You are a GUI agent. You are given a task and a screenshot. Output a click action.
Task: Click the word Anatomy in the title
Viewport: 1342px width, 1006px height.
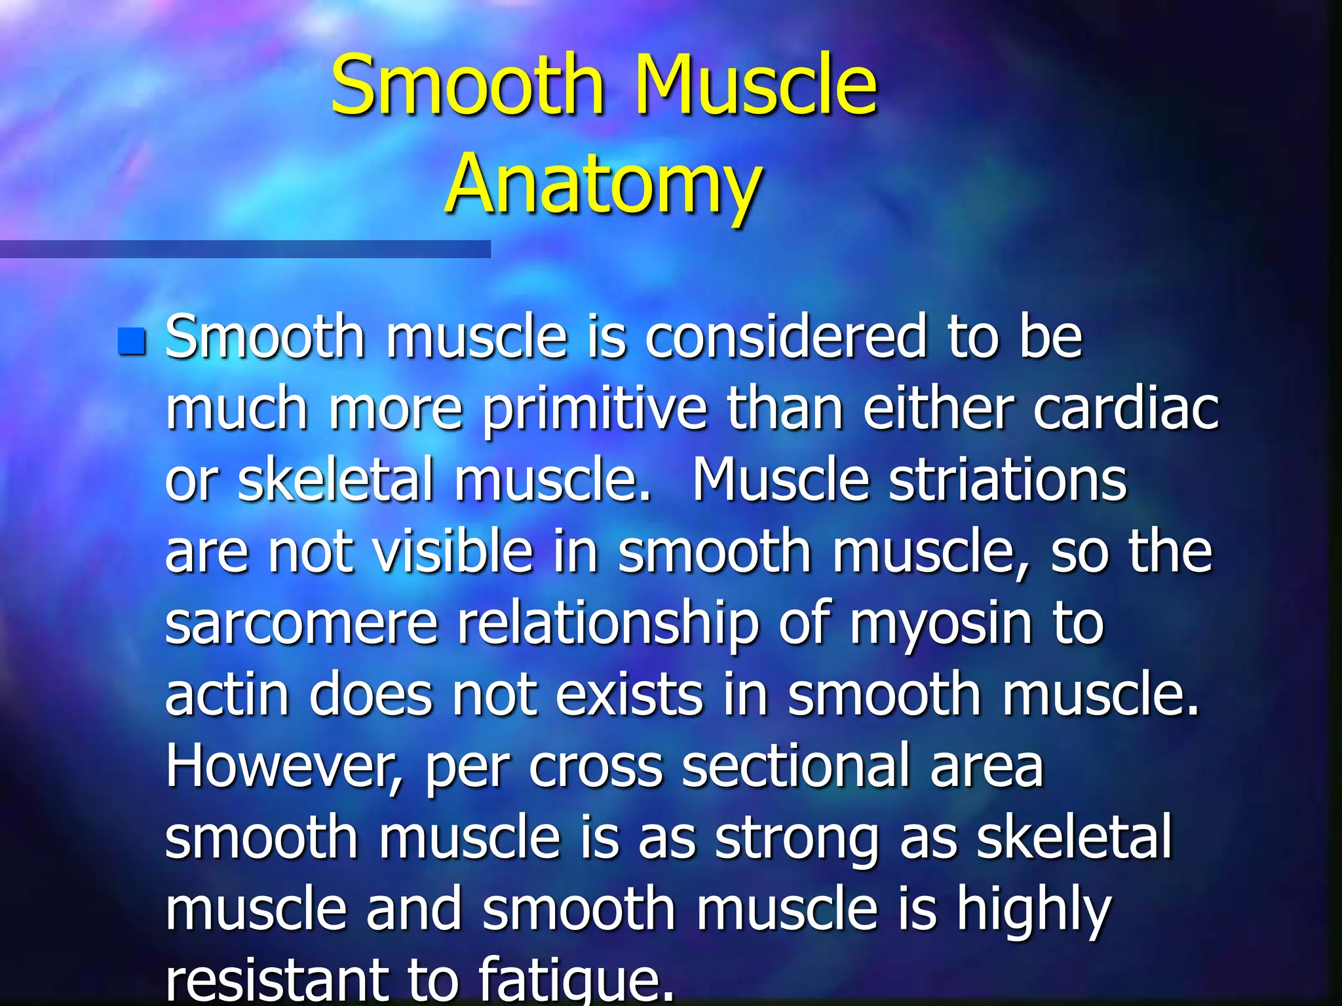click(x=603, y=184)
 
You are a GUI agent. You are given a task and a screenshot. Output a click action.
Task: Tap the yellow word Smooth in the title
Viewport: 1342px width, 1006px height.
click(x=467, y=84)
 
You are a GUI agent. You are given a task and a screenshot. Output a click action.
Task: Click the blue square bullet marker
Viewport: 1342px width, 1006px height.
click(x=132, y=341)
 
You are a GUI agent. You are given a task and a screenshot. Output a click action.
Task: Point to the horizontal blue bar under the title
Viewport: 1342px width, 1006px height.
click(x=244, y=249)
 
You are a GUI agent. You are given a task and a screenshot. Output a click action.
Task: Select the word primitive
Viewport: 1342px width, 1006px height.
click(x=595, y=411)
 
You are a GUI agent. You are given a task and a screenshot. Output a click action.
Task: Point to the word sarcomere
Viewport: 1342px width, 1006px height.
click(x=301, y=624)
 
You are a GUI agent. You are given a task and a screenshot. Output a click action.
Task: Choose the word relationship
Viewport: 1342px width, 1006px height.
click(x=607, y=625)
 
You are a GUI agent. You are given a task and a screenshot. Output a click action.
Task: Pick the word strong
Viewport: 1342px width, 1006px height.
click(x=797, y=840)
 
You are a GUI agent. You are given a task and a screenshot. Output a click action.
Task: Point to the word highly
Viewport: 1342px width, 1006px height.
click(x=1033, y=912)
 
